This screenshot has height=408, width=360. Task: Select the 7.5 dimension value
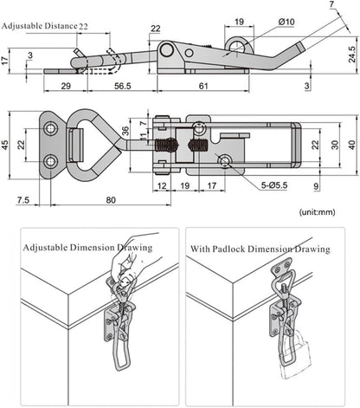click(x=22, y=201)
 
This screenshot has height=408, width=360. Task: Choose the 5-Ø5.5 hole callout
click(x=265, y=185)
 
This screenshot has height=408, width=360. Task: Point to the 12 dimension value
click(x=161, y=185)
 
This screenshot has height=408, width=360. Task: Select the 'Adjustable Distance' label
click(x=40, y=27)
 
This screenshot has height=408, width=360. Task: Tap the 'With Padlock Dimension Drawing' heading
click(x=259, y=249)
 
